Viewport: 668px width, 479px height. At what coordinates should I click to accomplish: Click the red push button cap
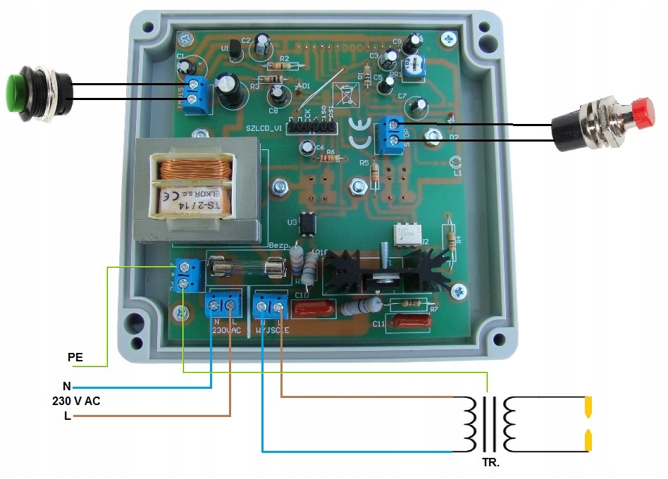pos(641,111)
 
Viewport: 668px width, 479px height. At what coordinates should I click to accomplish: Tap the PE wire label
pos(75,357)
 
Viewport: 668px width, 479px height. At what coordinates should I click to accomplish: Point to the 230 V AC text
pos(82,402)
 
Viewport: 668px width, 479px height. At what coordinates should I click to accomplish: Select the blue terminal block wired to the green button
pos(197,97)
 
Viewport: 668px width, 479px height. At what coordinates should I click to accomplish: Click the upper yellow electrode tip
pos(588,406)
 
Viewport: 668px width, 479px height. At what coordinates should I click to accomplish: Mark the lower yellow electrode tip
pos(588,441)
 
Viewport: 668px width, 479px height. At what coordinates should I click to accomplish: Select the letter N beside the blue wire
pos(67,386)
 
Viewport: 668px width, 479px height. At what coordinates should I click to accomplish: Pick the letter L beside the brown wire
pos(67,416)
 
